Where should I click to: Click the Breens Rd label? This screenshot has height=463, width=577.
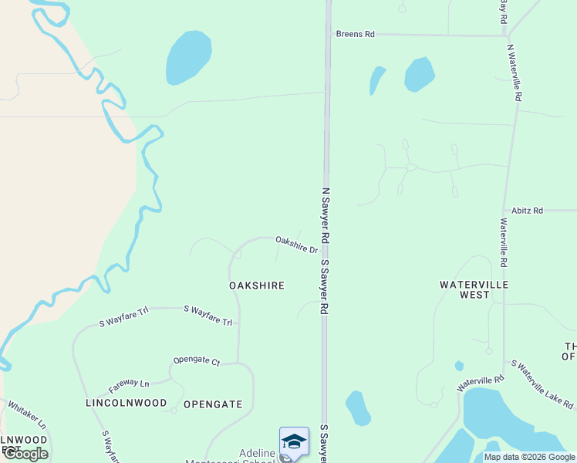[x=355, y=34]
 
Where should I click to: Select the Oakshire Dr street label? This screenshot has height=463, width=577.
[x=297, y=245]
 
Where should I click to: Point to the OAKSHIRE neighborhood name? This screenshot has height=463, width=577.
[x=257, y=286]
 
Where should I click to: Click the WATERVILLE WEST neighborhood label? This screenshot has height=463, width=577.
[x=474, y=289]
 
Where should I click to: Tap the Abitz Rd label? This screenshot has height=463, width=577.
[x=528, y=210]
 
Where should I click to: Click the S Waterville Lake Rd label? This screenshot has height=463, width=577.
[x=542, y=383]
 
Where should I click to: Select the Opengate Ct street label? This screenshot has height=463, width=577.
[x=197, y=360]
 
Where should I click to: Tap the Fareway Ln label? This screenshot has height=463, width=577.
[x=129, y=384]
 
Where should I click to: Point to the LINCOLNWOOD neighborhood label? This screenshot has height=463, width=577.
[x=126, y=404]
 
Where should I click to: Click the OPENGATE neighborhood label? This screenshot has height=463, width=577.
[x=213, y=404]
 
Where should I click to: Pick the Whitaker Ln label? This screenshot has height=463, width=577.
[x=27, y=415]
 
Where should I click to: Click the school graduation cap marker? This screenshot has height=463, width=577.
[x=294, y=441]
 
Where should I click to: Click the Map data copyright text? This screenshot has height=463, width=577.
[x=529, y=457]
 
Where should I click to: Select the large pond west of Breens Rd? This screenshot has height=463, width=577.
[x=188, y=57]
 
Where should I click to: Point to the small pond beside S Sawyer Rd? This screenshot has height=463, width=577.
[x=357, y=407]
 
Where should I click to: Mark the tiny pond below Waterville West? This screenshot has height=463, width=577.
[x=459, y=366]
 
